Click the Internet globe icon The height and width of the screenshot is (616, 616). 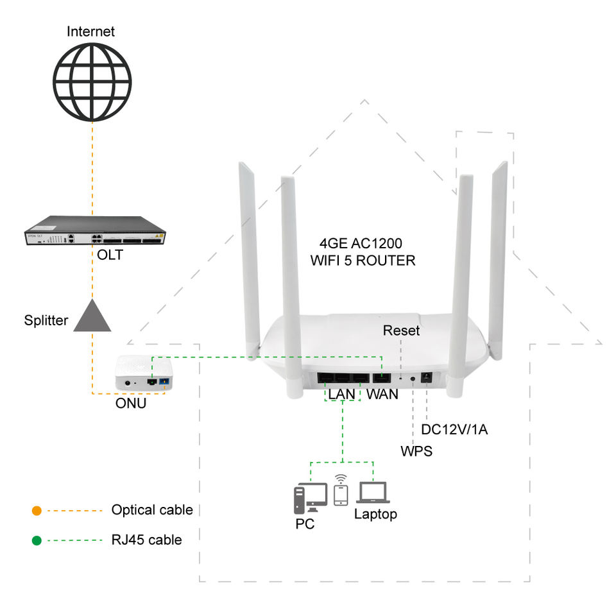click(x=92, y=81)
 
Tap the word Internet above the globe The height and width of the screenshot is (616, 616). click(x=92, y=30)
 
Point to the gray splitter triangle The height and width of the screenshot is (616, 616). click(x=92, y=316)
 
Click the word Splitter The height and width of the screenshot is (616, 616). click(x=47, y=320)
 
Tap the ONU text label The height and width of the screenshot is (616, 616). click(x=130, y=404)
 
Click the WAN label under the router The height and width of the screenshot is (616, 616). click(x=382, y=395)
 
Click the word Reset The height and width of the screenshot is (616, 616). click(x=401, y=330)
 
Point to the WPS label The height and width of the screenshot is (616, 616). click(x=416, y=452)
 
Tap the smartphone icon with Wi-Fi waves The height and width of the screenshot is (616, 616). click(x=341, y=492)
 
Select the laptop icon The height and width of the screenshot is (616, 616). click(x=373, y=493)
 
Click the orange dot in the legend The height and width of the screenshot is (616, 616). click(x=37, y=511)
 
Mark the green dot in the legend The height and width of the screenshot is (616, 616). click(x=37, y=540)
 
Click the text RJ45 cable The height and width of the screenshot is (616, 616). click(x=146, y=540)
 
